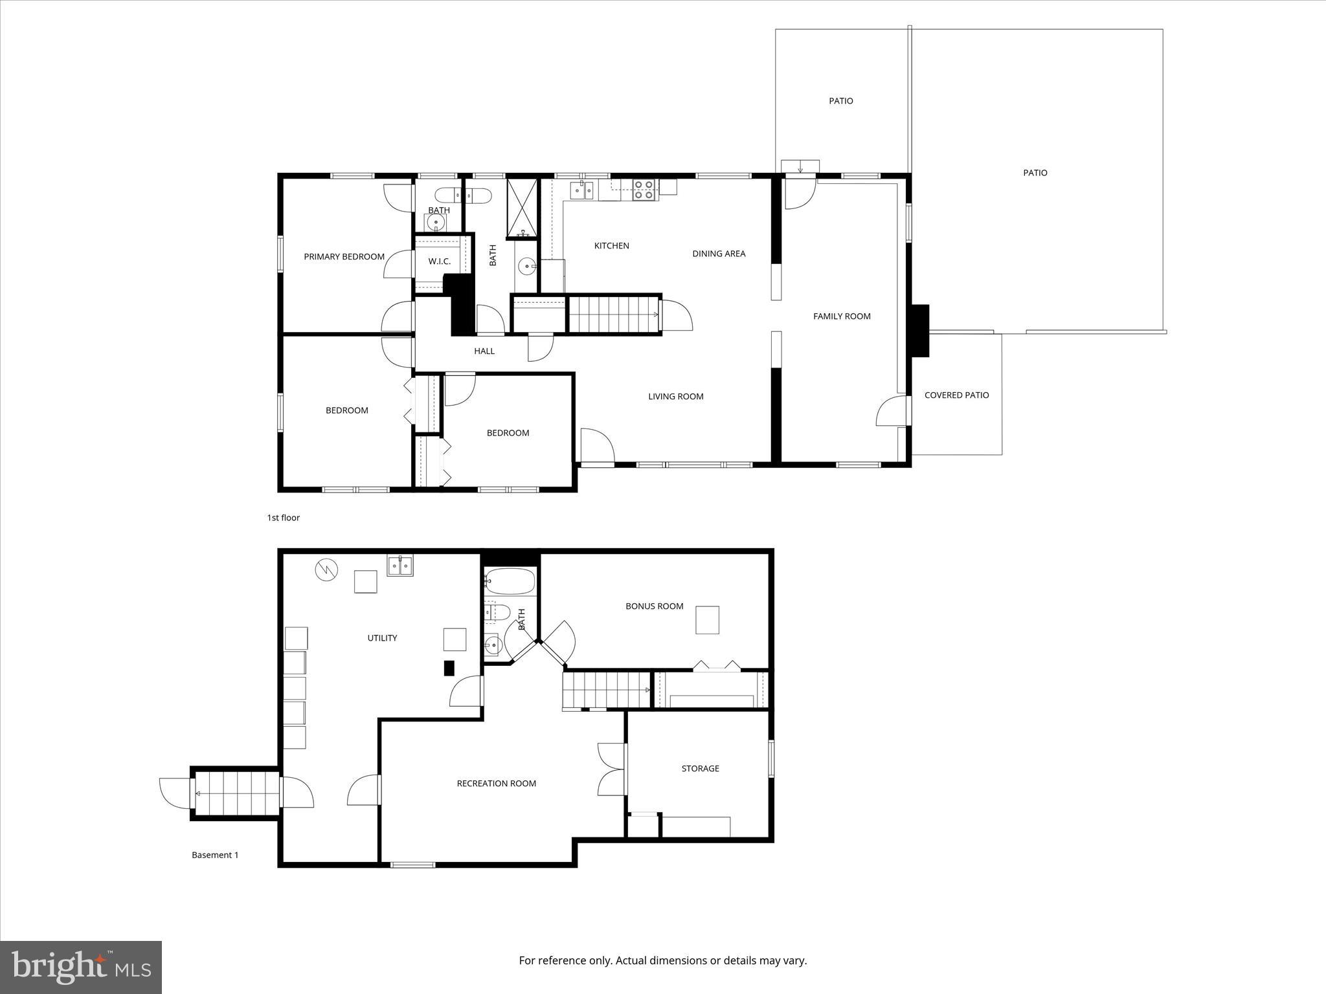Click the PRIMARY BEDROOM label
click(x=344, y=257)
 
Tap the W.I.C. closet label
click(x=439, y=261)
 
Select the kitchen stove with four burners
click(x=644, y=190)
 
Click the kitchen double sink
click(x=581, y=190)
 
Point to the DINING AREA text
click(x=719, y=254)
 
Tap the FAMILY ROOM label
click(x=842, y=316)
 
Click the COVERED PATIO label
click(x=956, y=395)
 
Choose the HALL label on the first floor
click(x=484, y=351)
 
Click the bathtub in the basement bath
click(x=510, y=581)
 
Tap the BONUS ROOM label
click(x=654, y=606)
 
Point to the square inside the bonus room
click(x=707, y=620)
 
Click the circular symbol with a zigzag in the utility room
click(x=326, y=570)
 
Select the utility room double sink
click(x=401, y=566)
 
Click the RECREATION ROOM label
click(x=496, y=784)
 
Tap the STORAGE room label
click(x=700, y=769)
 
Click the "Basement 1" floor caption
click(x=215, y=855)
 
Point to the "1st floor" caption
click(x=284, y=518)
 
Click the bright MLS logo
click(x=81, y=967)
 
